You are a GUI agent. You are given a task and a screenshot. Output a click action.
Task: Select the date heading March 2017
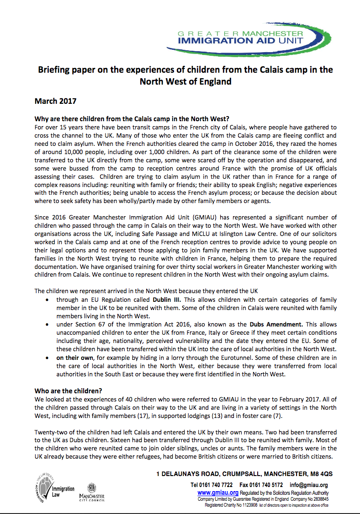pos(55,101)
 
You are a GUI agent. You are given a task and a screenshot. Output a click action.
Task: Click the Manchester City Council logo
pos(91,492)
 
